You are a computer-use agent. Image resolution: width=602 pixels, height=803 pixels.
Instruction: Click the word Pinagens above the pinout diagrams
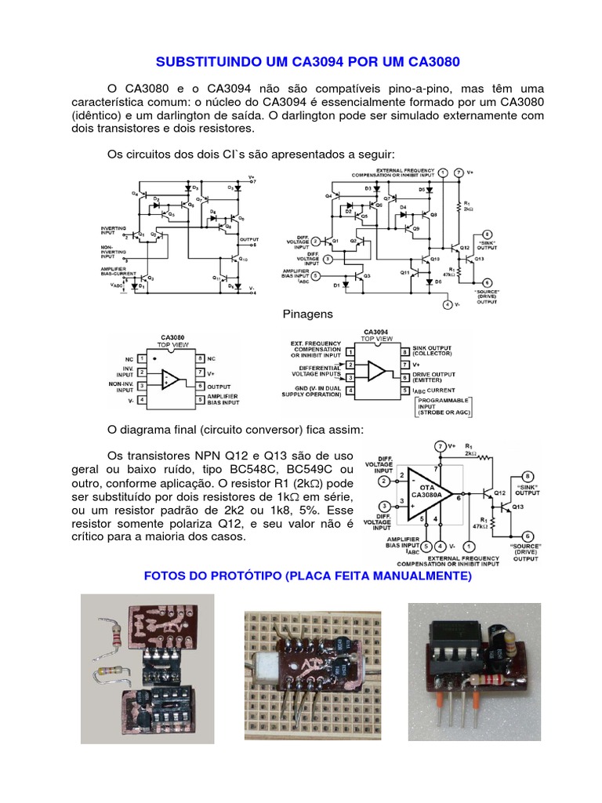(307, 314)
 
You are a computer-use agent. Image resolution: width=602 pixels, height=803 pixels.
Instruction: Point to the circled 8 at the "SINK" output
(528, 476)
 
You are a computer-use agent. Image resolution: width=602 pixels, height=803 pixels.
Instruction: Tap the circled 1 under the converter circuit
(469, 546)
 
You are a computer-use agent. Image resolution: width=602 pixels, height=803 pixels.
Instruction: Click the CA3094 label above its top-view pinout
(377, 332)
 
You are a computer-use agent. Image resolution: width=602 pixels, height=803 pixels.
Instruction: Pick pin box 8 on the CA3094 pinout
(406, 352)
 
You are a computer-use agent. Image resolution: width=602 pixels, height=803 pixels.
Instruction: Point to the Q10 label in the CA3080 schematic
(244, 259)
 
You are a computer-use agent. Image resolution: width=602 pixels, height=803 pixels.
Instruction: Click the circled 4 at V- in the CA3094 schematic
(446, 304)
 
